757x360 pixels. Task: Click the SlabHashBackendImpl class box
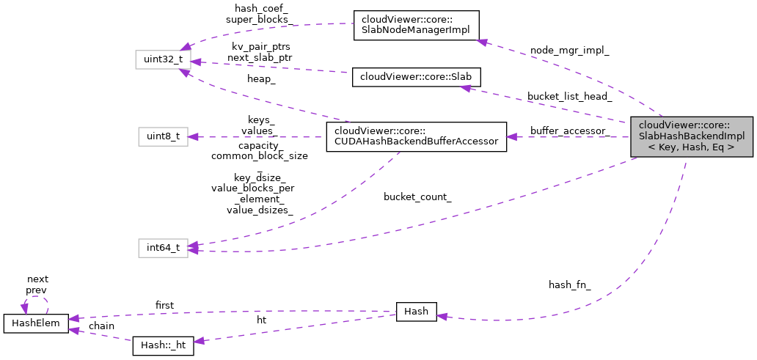pos(691,136)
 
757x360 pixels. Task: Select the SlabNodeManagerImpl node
pos(416,26)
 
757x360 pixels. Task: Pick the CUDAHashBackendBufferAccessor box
pos(416,136)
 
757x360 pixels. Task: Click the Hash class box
pos(416,312)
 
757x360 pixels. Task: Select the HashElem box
pos(36,322)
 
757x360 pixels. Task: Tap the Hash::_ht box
pos(163,346)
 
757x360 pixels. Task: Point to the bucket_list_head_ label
pos(569,97)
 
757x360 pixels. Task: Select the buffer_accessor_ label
pos(569,131)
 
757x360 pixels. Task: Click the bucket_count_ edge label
pos(417,197)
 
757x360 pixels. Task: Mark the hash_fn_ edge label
pos(569,284)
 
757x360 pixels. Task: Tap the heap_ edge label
pos(261,79)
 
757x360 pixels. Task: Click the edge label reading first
pos(164,304)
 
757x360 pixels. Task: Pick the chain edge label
pos(101,326)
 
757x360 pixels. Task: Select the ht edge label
pos(261,320)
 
